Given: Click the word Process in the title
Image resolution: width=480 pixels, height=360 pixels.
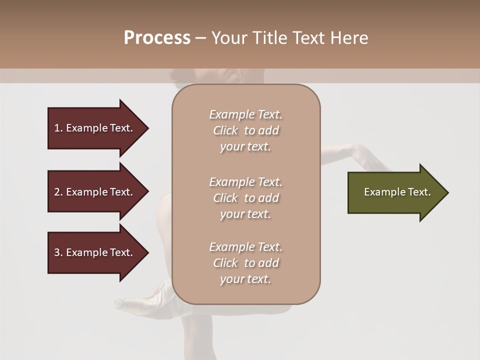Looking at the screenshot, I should tap(157, 38).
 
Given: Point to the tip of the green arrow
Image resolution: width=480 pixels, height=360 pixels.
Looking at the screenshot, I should tap(447, 192).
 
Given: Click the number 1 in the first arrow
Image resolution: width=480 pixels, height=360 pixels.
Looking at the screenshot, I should tap(57, 128).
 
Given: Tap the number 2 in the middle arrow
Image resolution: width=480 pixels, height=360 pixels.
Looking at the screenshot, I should tap(57, 192).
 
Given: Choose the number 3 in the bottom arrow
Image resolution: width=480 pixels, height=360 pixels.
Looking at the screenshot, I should tap(57, 252).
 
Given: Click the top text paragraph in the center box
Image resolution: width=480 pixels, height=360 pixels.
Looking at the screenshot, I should tap(245, 130).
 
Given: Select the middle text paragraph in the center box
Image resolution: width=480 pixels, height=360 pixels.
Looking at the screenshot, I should tap(245, 198).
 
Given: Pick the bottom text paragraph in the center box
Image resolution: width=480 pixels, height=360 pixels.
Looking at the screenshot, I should tap(245, 263).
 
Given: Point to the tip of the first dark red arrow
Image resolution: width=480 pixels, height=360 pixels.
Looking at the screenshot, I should tap(147, 128).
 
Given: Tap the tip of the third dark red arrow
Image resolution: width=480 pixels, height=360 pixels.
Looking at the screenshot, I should tap(147, 252).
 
